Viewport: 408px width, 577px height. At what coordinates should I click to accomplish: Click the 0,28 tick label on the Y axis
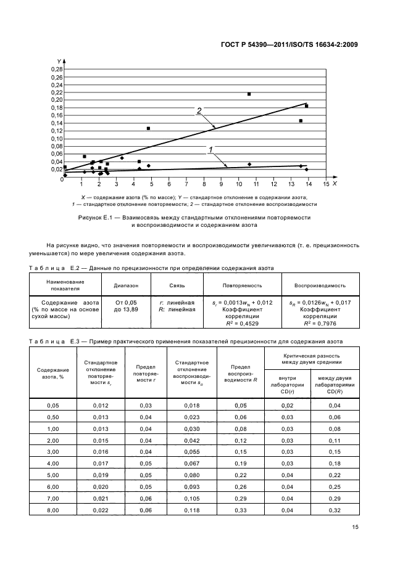coord(56,69)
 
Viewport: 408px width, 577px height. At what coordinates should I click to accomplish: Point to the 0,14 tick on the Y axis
coord(56,123)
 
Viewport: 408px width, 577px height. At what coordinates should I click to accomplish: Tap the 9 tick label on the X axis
coord(221,183)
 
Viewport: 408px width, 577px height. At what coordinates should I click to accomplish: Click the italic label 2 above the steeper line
coord(199,111)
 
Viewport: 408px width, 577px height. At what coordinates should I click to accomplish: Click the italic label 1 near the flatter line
coord(210,150)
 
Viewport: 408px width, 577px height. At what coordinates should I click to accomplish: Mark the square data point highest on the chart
coord(249,94)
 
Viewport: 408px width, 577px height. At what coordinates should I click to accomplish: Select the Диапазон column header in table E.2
coord(126,285)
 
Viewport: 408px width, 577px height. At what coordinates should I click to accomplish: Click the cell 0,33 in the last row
coord(242,510)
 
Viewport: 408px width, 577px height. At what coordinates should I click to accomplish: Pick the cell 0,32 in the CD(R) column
coord(334,510)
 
